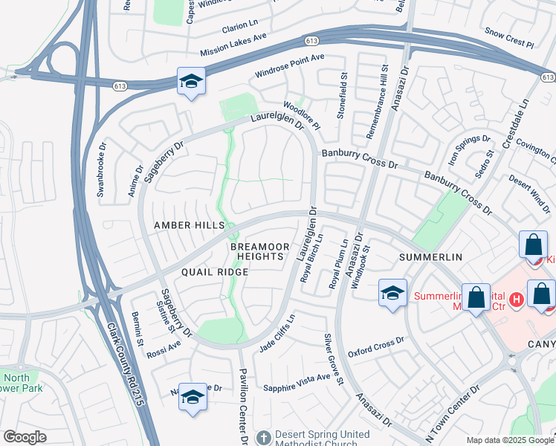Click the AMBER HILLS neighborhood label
tap(189, 225)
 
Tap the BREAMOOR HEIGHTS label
tap(256, 251)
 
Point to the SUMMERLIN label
tap(430, 256)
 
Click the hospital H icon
tap(517, 299)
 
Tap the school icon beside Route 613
tap(191, 82)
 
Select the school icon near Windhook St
tap(392, 292)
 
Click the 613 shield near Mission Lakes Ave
tap(311, 39)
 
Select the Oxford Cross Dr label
tap(375, 346)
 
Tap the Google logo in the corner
tap(25, 437)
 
